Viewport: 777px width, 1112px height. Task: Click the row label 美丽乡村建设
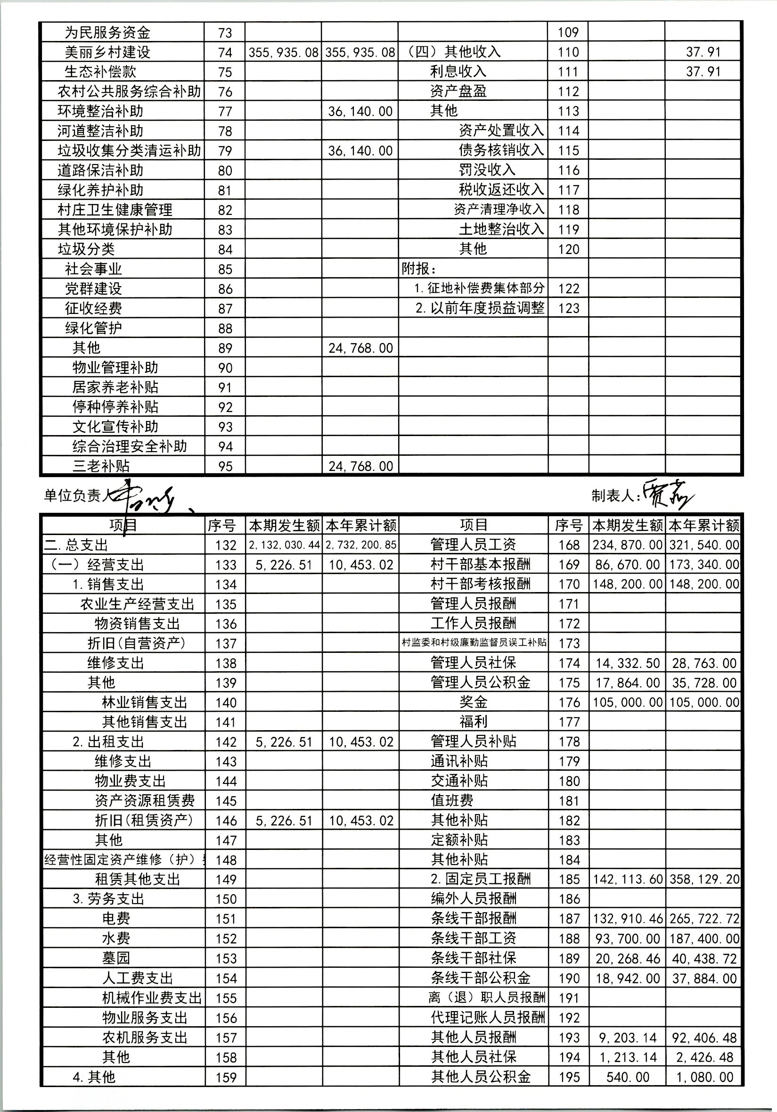coord(107,52)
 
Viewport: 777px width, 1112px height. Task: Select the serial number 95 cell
coord(225,466)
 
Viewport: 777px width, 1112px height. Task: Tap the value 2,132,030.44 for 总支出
coord(284,545)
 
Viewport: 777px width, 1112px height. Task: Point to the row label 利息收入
coord(458,72)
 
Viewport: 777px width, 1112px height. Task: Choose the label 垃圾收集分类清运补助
coord(129,151)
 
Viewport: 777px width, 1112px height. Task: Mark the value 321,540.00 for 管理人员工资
coord(704,545)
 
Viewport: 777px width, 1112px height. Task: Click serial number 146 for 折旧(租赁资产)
coord(226,820)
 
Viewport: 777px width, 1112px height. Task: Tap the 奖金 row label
coord(473,702)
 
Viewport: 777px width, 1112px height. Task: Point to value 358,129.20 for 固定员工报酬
coord(704,879)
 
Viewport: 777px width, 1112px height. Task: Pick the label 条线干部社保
coord(473,958)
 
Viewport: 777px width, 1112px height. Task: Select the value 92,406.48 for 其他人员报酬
coord(704,1038)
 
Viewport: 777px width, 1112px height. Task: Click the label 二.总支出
coord(76,545)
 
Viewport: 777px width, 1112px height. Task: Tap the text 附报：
coord(419,269)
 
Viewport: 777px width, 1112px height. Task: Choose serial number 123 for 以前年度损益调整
coord(568,308)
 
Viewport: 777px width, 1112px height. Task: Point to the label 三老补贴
coord(101,466)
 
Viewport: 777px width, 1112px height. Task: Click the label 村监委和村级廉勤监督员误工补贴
coord(474,643)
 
